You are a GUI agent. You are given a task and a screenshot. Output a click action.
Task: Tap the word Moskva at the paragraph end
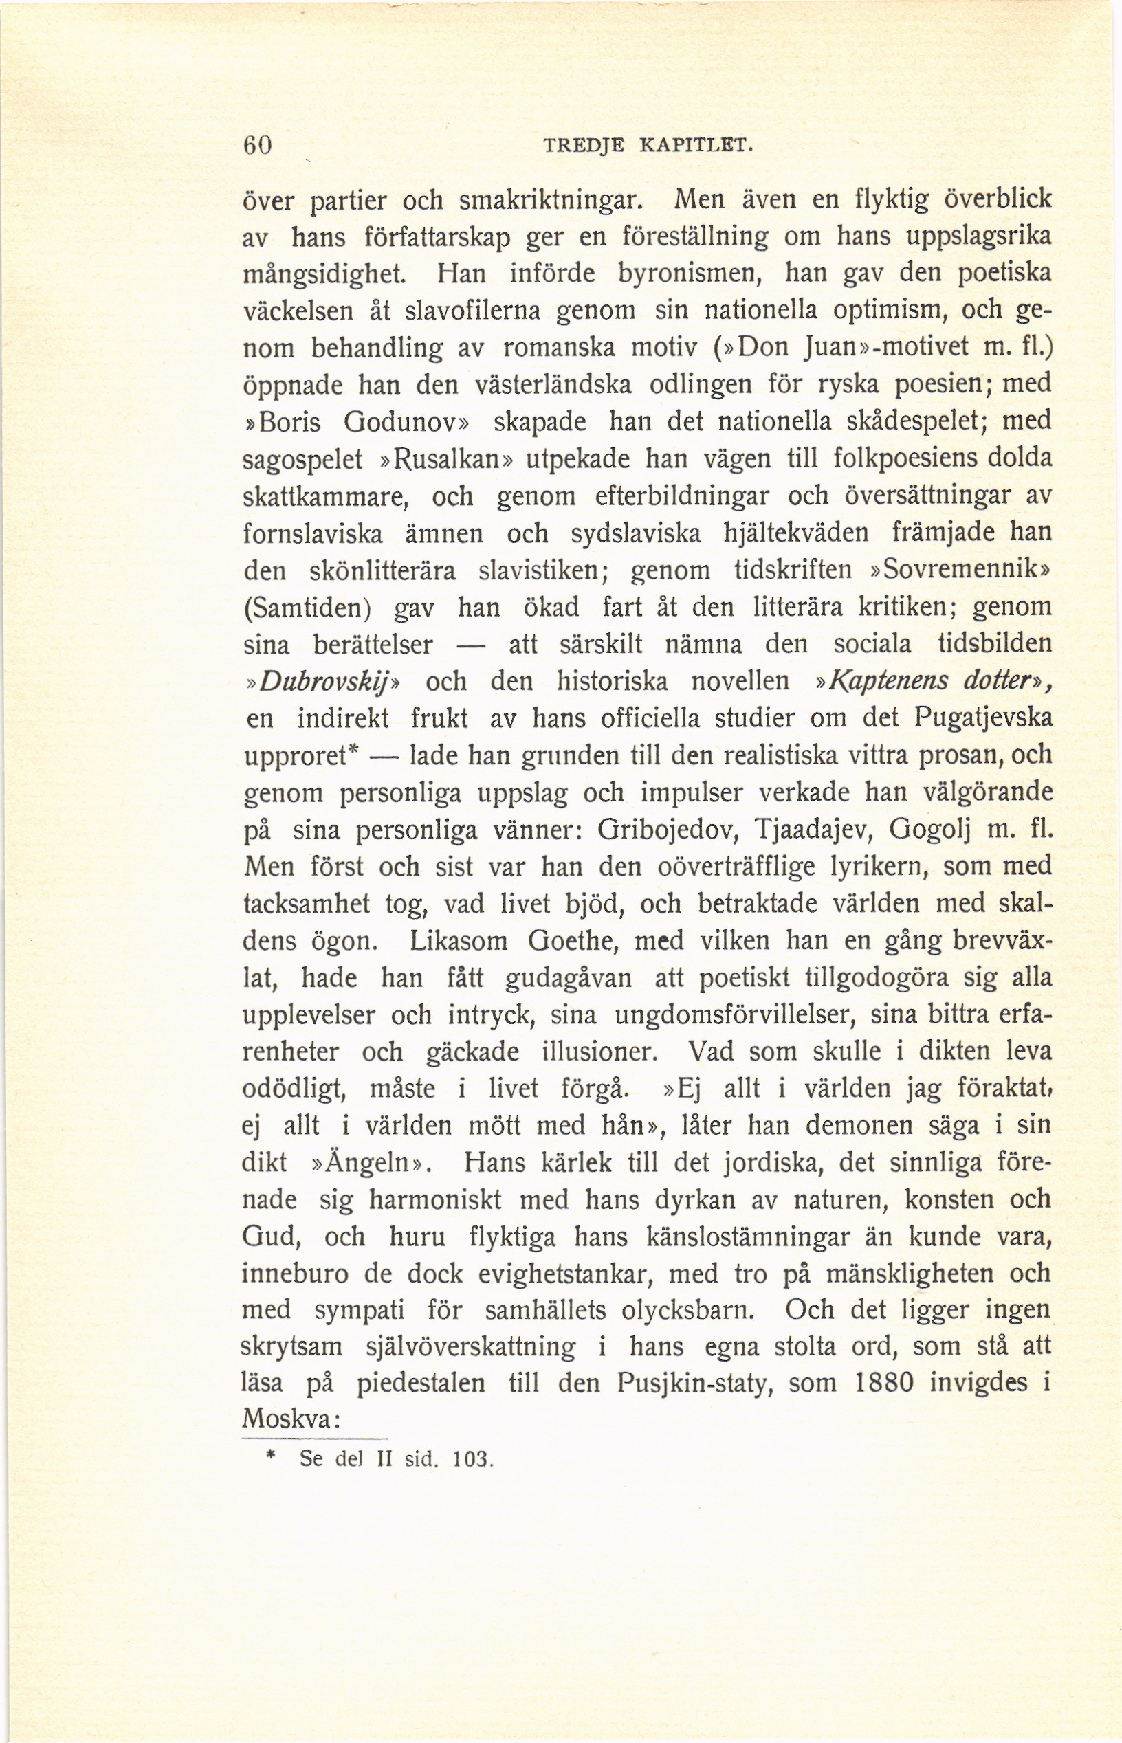[x=287, y=1419]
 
